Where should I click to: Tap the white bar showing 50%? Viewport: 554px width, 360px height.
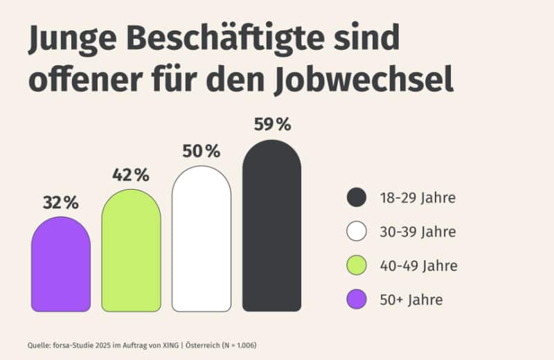202,239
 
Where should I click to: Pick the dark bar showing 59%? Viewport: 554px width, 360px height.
271,226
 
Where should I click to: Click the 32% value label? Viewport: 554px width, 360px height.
61,203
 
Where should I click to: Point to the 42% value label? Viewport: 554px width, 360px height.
131,176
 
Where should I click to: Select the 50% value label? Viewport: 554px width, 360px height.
201,151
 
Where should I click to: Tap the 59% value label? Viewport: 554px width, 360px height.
272,125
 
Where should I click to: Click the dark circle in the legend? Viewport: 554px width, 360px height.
356,198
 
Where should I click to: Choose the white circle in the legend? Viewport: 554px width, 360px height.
356,232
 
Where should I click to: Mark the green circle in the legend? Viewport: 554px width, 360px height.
356,266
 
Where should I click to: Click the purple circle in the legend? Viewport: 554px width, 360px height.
356,300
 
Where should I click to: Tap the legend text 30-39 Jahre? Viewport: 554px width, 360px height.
417,232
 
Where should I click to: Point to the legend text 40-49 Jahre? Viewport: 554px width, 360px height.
418,266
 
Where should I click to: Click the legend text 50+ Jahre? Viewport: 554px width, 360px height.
410,300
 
